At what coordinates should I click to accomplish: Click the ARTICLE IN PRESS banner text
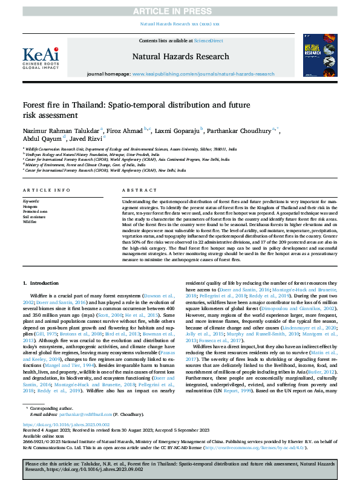pos(180,10)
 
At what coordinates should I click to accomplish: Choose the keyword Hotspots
pos(30,206)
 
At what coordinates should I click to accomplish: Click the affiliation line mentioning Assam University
pos(131,147)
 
